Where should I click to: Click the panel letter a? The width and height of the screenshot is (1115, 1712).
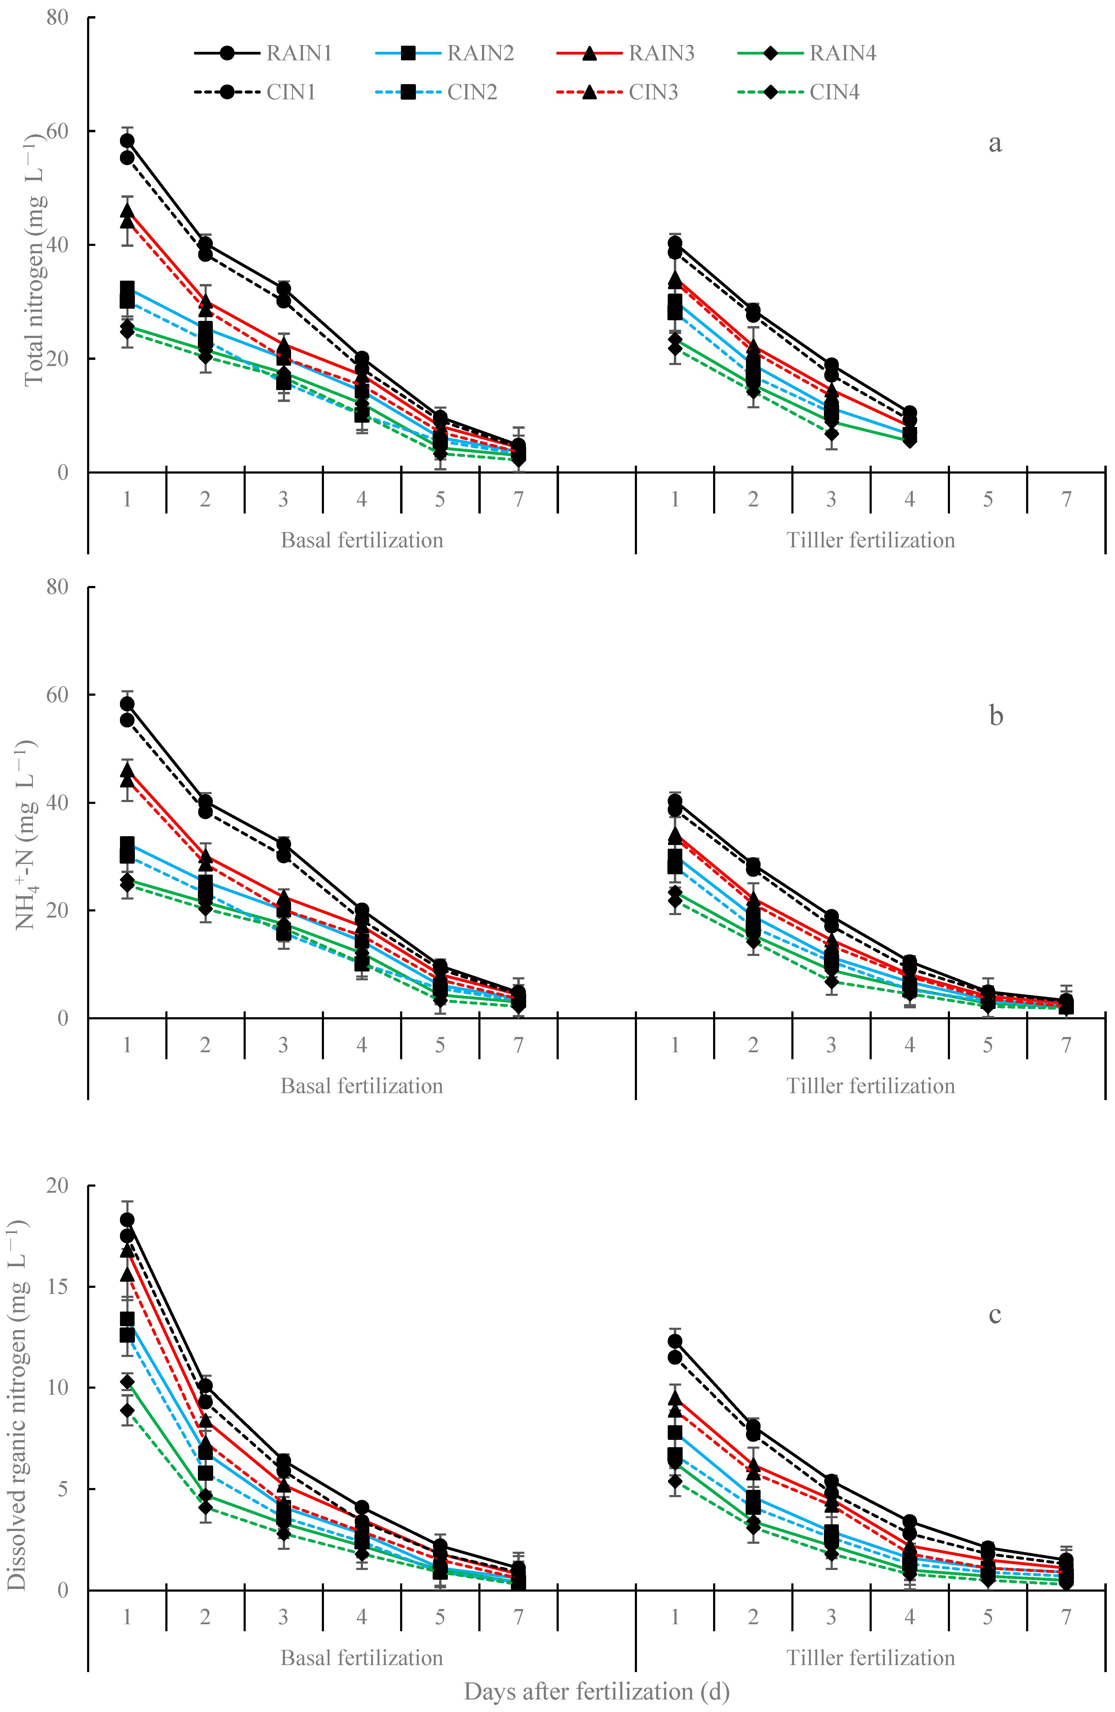tap(995, 143)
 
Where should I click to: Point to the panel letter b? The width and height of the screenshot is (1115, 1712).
tap(996, 716)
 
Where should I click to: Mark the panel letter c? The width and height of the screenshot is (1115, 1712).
tap(995, 1314)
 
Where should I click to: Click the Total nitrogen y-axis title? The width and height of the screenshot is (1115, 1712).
tap(34, 258)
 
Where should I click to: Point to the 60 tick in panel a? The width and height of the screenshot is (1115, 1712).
tap(58, 131)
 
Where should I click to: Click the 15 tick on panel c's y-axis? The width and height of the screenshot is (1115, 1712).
tap(58, 1286)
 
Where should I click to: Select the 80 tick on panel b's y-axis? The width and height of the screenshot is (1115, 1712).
tap(58, 587)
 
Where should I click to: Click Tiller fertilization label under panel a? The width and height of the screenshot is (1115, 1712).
tap(871, 540)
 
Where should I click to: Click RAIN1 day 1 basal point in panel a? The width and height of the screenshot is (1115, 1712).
tap(127, 140)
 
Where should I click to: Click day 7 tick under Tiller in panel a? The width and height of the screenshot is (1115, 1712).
tap(1066, 499)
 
